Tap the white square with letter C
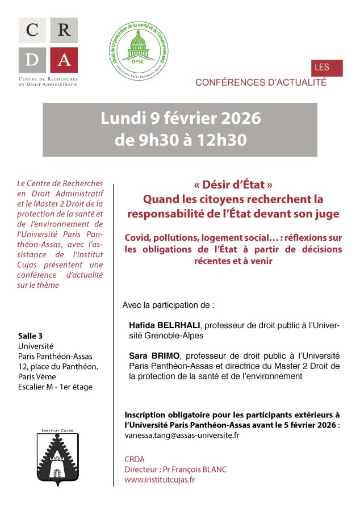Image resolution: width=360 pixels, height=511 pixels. click(x=32, y=31)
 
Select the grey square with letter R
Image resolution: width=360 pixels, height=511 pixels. click(x=64, y=31)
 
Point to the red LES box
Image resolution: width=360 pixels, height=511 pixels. click(x=326, y=68)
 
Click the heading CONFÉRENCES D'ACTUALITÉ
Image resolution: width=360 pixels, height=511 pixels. click(x=261, y=82)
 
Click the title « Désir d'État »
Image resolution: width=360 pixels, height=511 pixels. click(x=233, y=185)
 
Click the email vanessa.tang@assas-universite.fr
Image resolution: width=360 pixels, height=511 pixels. click(x=181, y=435)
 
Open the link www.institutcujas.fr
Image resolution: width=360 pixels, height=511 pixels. click(x=160, y=479)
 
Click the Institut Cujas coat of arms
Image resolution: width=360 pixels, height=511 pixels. click(x=56, y=457)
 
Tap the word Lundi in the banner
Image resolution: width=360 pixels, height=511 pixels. click(x=120, y=118)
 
